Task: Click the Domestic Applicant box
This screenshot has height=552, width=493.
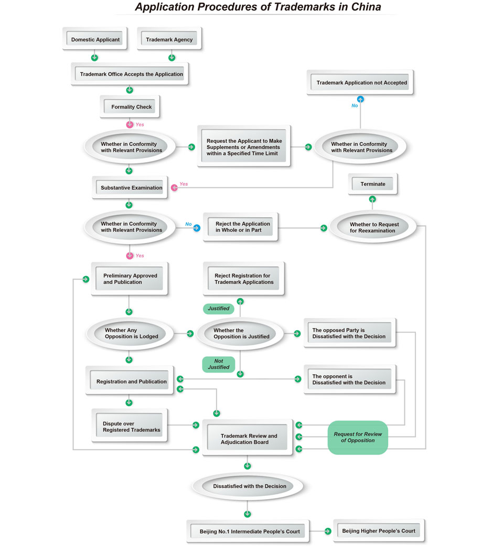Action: pyautogui.click(x=95, y=39)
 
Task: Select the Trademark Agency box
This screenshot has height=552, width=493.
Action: pyautogui.click(x=169, y=39)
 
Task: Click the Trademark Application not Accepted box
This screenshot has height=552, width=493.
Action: pyautogui.click(x=361, y=83)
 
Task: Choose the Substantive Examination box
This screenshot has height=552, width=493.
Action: pyautogui.click(x=131, y=188)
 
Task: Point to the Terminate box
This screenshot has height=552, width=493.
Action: pyautogui.click(x=372, y=184)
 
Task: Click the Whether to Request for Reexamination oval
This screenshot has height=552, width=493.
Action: pyautogui.click(x=374, y=227)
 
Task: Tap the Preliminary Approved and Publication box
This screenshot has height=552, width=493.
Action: pyautogui.click(x=130, y=279)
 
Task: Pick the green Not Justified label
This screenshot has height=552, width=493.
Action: pyautogui.click(x=218, y=364)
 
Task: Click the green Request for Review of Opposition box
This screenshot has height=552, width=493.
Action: pyautogui.click(x=358, y=437)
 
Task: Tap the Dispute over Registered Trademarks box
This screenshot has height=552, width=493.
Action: pyautogui.click(x=131, y=427)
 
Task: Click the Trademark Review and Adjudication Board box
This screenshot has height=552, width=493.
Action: pyautogui.click(x=248, y=439)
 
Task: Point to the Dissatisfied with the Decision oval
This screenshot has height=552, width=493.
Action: pyautogui.click(x=249, y=486)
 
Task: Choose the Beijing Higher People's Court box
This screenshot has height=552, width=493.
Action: pyautogui.click(x=378, y=531)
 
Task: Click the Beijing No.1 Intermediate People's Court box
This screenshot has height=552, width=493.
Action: pyautogui.click(x=249, y=532)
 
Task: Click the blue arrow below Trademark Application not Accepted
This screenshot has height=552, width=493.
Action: pyautogui.click(x=360, y=99)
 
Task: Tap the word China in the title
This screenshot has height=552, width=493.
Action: pyautogui.click(x=363, y=7)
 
